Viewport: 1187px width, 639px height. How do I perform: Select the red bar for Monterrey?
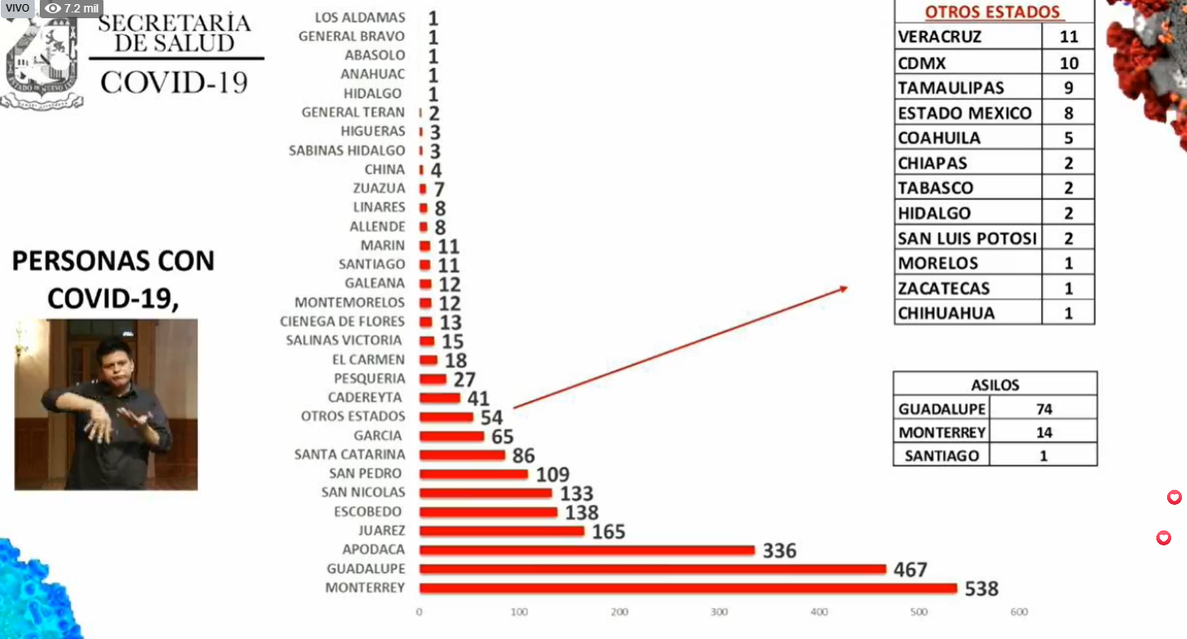pyautogui.click(x=687, y=589)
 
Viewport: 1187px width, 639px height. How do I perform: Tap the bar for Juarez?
pyautogui.click(x=501, y=531)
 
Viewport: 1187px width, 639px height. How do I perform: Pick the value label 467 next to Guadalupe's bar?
pyautogui.click(x=910, y=569)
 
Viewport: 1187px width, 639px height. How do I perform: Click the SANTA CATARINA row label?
pyautogui.click(x=349, y=454)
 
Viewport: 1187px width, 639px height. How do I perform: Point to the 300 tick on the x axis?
pyautogui.click(x=719, y=613)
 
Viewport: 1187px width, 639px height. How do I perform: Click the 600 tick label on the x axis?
pyautogui.click(x=1019, y=613)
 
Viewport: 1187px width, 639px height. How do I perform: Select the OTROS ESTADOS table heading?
pyautogui.click(x=992, y=12)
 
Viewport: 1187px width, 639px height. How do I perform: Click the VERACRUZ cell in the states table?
pyautogui.click(x=940, y=37)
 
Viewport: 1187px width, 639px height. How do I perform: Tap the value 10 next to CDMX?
pyautogui.click(x=1068, y=63)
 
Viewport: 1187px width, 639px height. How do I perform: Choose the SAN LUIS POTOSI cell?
pyautogui.click(x=967, y=238)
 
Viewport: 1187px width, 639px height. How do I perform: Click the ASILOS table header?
pyautogui.click(x=995, y=385)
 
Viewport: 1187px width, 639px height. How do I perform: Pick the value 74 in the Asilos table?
pyautogui.click(x=1043, y=409)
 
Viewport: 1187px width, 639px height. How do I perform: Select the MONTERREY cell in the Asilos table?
pyautogui.click(x=942, y=432)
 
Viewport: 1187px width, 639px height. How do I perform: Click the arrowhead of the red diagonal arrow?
pyautogui.click(x=844, y=288)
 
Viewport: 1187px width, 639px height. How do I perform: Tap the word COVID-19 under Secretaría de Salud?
pyautogui.click(x=174, y=82)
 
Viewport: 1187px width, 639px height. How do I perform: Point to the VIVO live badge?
pyautogui.click(x=17, y=8)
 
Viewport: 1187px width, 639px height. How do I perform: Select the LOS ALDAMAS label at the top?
pyautogui.click(x=360, y=17)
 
